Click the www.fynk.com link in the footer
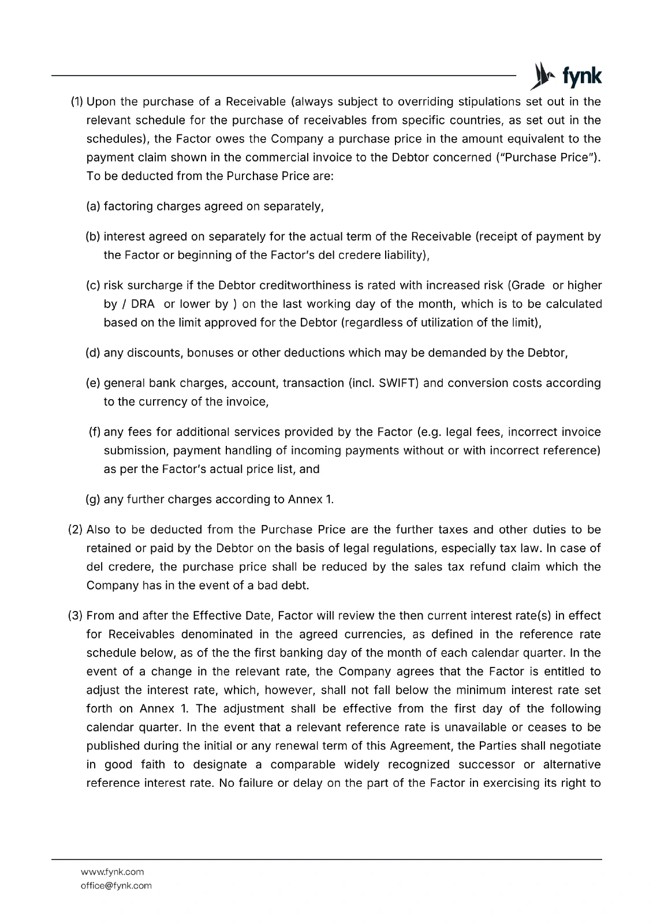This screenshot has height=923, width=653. click(x=113, y=872)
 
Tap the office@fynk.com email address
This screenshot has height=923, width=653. click(x=116, y=886)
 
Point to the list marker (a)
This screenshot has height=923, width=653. click(x=94, y=206)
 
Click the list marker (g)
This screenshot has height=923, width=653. click(x=94, y=499)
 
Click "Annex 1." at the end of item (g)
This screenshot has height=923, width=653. click(x=311, y=499)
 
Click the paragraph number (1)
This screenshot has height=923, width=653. click(x=77, y=102)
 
